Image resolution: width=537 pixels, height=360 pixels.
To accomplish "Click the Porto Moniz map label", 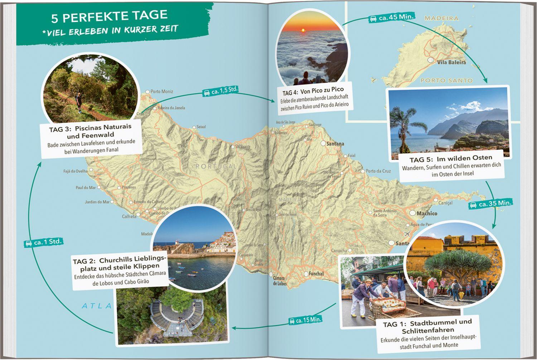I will (x=161, y=92).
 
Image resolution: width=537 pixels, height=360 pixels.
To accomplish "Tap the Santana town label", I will (x=335, y=144).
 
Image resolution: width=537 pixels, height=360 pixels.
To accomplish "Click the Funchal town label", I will (x=316, y=274).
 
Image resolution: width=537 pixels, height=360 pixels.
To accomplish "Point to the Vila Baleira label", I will (x=451, y=62).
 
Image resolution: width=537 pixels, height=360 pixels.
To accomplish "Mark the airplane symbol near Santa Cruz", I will (x=407, y=234).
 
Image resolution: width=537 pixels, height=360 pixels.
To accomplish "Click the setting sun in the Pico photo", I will (x=303, y=30).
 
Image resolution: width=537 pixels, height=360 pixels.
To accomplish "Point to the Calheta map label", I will (x=129, y=217).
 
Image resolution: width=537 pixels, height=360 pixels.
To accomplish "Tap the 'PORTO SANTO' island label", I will (x=446, y=81).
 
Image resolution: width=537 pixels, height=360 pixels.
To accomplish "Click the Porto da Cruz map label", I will (x=378, y=171).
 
